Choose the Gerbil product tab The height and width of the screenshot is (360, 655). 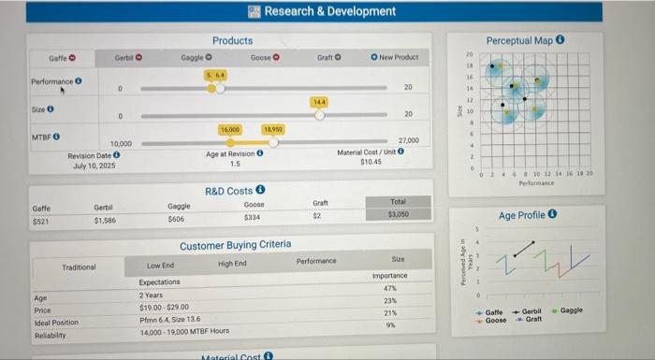click(x=127, y=58)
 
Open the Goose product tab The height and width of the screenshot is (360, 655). click(x=264, y=58)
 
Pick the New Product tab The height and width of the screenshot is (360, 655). click(x=395, y=58)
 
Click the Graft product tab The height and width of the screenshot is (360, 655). click(x=328, y=58)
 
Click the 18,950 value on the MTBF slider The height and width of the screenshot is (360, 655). click(x=273, y=128)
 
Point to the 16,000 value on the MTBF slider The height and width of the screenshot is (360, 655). click(x=230, y=128)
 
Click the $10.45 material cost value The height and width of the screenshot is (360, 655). click(x=371, y=163)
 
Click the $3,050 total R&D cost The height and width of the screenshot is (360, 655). click(x=398, y=213)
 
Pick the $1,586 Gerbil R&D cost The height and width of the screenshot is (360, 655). click(x=105, y=220)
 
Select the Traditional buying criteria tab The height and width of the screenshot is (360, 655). click(x=79, y=266)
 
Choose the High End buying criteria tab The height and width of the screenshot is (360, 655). click(x=231, y=265)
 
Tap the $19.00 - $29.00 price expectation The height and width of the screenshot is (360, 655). click(x=166, y=307)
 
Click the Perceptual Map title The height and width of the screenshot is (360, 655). click(x=519, y=40)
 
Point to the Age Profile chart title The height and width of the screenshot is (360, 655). click(x=528, y=215)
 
